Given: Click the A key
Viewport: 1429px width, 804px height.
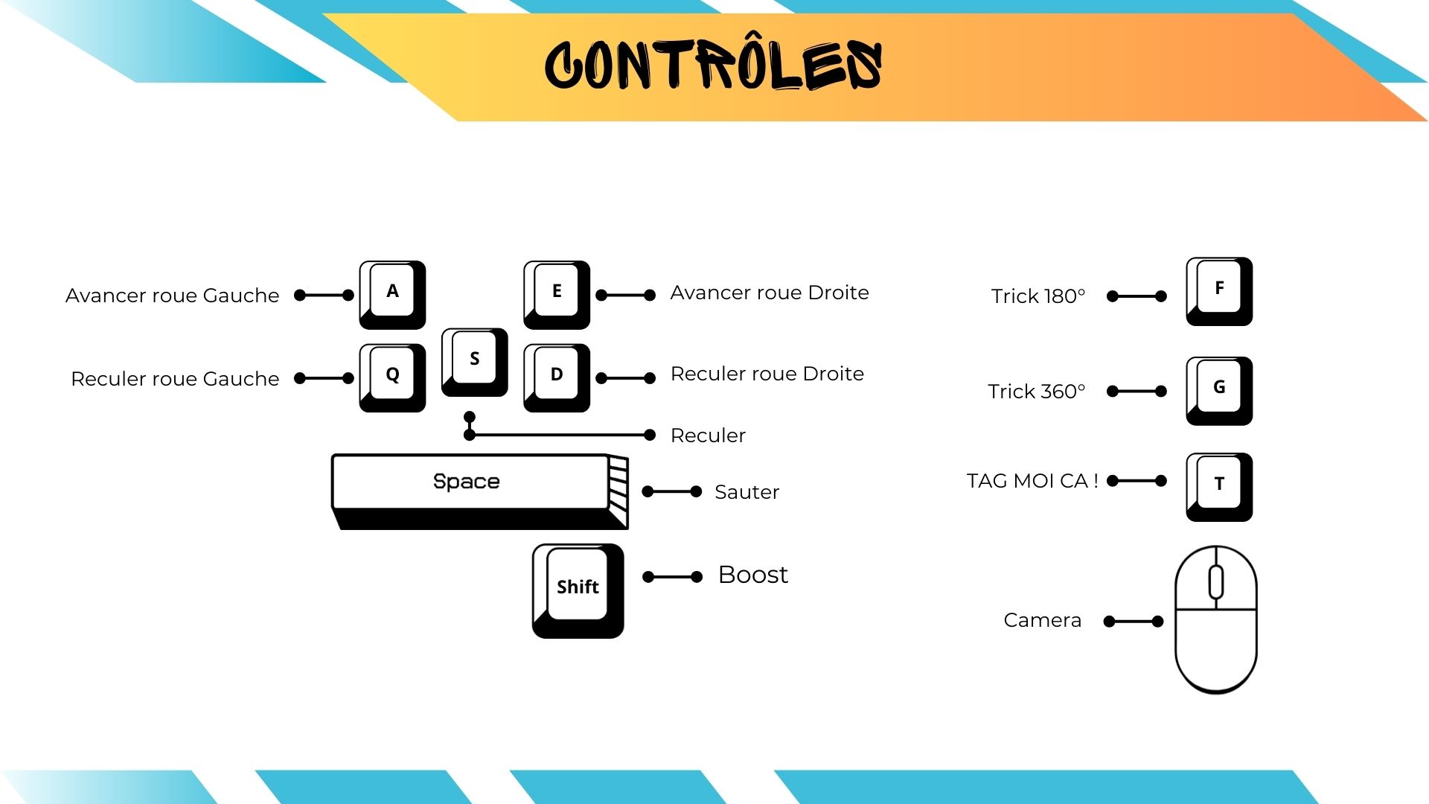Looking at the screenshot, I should tap(392, 292).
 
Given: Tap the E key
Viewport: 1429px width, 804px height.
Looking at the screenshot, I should tap(557, 292).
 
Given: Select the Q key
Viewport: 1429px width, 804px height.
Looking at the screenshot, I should tap(392, 375).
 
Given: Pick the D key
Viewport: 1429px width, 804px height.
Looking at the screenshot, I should tap(557, 375).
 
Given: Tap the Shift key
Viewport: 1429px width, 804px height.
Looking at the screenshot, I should tap(578, 588).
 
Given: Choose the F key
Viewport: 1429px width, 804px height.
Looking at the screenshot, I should tap(1219, 289).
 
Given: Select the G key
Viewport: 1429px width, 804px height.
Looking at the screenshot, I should tap(1219, 388).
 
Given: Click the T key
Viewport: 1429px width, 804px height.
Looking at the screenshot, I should tap(1219, 485).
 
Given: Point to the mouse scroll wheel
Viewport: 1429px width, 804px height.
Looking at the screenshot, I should tap(1216, 582).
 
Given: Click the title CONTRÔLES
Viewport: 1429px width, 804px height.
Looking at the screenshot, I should tap(713, 66).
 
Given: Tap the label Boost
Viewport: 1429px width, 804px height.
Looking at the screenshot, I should tap(752, 575).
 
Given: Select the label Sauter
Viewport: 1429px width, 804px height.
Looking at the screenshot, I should tap(747, 492).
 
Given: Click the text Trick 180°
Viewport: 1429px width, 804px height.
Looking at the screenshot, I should tap(1038, 296).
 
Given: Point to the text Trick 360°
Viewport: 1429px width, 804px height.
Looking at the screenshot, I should tap(1037, 392).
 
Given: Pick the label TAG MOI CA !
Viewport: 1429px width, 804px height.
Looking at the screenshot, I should tap(1032, 481).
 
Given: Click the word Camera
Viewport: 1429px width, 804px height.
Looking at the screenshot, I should tap(1042, 620).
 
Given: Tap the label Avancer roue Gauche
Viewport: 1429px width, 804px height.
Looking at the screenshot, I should tap(173, 296).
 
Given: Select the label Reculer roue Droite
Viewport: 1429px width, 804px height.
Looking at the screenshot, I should tap(767, 374).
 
